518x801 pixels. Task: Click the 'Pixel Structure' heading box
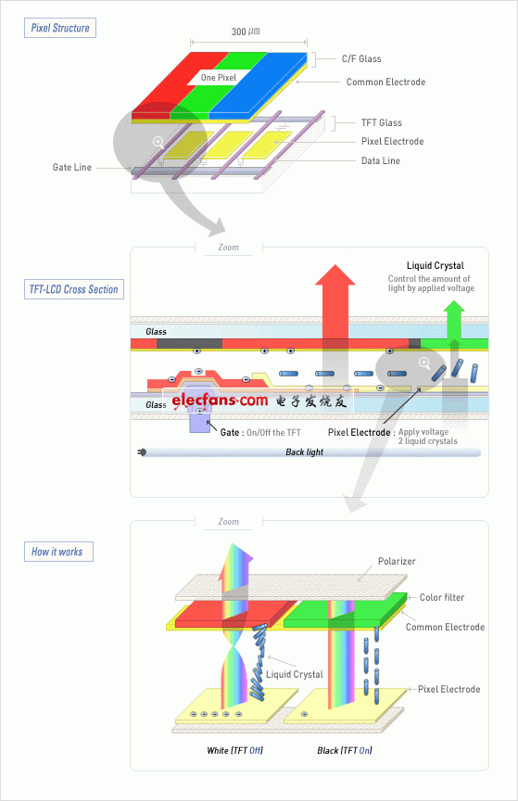60,28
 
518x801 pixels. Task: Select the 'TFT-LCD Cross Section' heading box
74,289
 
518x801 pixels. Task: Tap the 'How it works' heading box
58,552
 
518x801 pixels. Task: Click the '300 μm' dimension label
246,32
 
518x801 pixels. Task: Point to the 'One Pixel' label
219,78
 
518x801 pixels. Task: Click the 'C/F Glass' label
361,58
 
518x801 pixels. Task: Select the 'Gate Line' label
72,167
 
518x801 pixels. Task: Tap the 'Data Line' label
381,161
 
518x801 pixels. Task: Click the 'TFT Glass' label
382,122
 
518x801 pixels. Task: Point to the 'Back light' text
305,452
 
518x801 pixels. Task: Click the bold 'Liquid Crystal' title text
436,266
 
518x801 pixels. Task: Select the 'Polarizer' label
397,561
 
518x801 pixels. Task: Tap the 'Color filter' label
442,597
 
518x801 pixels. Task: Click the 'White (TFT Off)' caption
235,750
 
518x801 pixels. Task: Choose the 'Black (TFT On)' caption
345,750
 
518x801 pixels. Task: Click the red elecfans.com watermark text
220,400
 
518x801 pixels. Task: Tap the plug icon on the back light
142,452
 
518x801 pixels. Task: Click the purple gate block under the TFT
200,421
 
